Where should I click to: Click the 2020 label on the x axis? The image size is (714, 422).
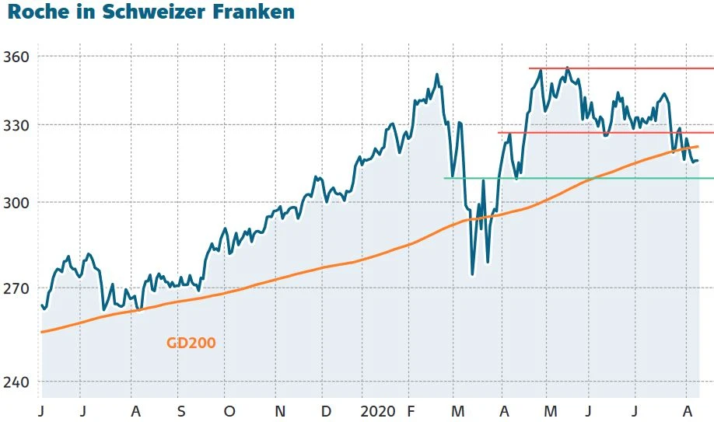[x=379, y=410]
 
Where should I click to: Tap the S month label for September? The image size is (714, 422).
[x=180, y=410]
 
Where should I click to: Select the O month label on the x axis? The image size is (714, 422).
[x=229, y=410]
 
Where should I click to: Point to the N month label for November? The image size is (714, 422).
[x=280, y=410]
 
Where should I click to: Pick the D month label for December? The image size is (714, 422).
[x=327, y=410]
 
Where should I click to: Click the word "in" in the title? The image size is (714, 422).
[x=85, y=12]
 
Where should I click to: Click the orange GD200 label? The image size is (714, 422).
[x=191, y=342]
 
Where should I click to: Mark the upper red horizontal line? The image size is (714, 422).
[x=622, y=68]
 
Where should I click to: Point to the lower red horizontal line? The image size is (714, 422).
[x=607, y=132]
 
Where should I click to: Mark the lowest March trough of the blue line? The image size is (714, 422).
[x=472, y=274]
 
